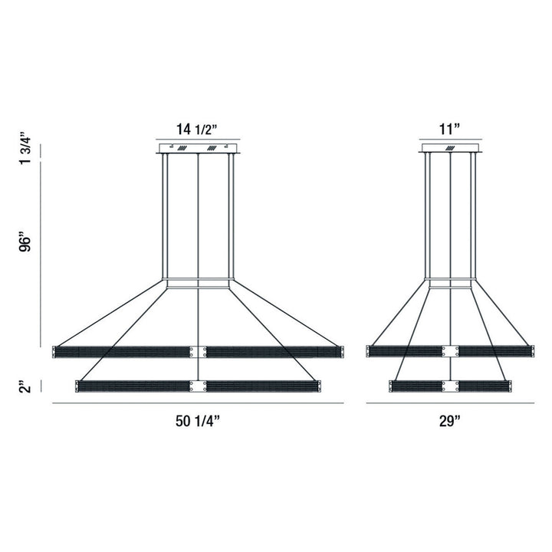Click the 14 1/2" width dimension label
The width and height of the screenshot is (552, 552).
point(198,129)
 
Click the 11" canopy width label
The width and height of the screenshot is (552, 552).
point(450,129)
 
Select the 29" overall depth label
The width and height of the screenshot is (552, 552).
point(450,420)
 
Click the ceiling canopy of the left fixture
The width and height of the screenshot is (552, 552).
point(199,148)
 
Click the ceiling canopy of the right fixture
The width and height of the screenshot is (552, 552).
point(450,148)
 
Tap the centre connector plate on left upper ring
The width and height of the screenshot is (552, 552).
point(199,352)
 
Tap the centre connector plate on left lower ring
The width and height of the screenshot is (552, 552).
point(199,386)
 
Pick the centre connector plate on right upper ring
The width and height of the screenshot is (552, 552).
point(450,352)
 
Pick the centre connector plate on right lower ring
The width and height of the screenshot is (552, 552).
point(450,386)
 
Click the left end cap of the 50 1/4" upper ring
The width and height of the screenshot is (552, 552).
point(54,352)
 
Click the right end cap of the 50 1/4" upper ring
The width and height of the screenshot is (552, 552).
point(341,352)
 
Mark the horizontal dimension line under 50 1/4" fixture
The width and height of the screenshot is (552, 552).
point(198,403)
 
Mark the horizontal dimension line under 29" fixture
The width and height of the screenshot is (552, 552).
point(450,403)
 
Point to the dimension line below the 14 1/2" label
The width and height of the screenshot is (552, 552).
point(199,140)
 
